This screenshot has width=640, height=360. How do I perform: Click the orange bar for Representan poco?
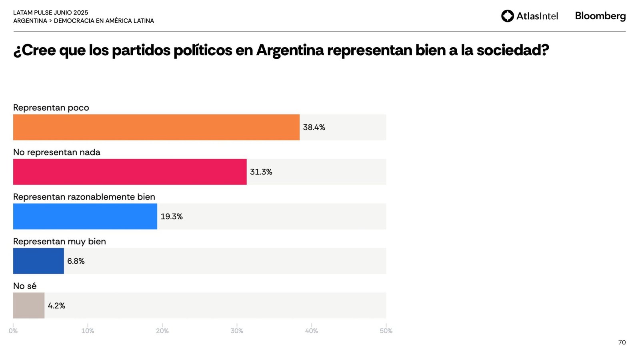coord(156,127)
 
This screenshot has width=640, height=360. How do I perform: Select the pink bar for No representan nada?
coord(130,172)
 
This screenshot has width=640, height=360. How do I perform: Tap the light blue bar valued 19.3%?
coord(85,216)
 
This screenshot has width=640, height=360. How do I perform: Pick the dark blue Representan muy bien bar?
coord(38,261)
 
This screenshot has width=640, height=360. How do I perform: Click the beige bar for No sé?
coord(29,306)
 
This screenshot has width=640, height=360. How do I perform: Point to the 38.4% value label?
coord(314,127)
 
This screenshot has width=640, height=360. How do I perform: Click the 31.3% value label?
coord(261,172)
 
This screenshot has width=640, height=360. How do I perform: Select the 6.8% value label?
coord(76,261)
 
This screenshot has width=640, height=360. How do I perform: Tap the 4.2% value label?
coord(56,306)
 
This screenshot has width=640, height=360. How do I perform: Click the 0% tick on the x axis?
coord(13,331)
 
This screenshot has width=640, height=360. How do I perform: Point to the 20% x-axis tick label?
coord(162,331)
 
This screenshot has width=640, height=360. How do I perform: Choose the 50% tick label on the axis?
coord(386,331)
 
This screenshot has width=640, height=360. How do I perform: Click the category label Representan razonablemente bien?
coord(84,197)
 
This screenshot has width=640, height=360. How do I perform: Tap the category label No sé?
coord(25,286)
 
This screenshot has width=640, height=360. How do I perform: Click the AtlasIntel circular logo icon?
coord(508,16)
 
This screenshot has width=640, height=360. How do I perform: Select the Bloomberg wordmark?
coord(600,16)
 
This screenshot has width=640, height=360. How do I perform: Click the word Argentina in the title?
coord(290,50)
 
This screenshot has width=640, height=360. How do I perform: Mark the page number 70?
coord(622,342)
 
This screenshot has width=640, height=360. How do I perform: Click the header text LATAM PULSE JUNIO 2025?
coord(51,13)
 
